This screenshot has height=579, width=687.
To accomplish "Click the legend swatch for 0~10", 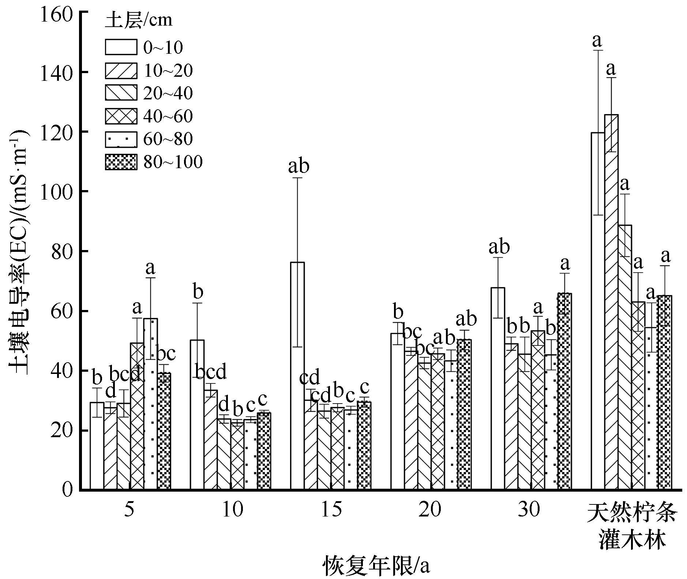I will pos(121,47).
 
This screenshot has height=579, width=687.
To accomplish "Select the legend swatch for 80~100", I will pos(121,162).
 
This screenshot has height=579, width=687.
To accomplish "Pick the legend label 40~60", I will pos(168,116).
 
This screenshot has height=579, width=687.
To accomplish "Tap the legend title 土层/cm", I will pos(139,20).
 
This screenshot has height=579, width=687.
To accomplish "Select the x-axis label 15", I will pos(332,510).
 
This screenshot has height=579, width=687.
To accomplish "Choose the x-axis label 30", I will pos(529,510).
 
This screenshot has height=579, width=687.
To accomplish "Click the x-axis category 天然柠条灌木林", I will pos(632,526).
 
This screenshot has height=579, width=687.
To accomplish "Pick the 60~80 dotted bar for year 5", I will pos(151,402).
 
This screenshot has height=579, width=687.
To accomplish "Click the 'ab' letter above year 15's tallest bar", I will pos(299,166).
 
